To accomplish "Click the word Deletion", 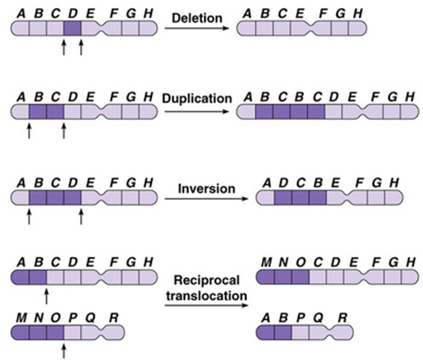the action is click(x=197, y=19).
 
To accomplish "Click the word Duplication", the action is click(x=197, y=99).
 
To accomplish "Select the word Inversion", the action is click(x=206, y=188).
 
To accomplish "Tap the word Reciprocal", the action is click(x=207, y=281).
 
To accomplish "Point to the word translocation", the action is click(x=207, y=296).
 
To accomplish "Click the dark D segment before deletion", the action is click(x=72, y=29).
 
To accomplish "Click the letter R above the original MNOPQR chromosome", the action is click(x=114, y=318).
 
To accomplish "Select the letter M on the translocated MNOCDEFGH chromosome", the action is click(x=266, y=262).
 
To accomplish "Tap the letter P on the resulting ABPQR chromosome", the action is click(x=301, y=318).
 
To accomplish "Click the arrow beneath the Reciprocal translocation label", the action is click(x=206, y=306).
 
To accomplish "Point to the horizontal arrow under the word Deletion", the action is click(x=197, y=28).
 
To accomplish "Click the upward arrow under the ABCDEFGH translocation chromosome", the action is click(x=47, y=296).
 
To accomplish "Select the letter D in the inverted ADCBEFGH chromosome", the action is click(x=283, y=183).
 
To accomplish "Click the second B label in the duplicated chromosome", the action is click(x=299, y=97).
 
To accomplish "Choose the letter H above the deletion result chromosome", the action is click(x=358, y=14).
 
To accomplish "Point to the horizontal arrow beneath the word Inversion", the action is click(x=206, y=199).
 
